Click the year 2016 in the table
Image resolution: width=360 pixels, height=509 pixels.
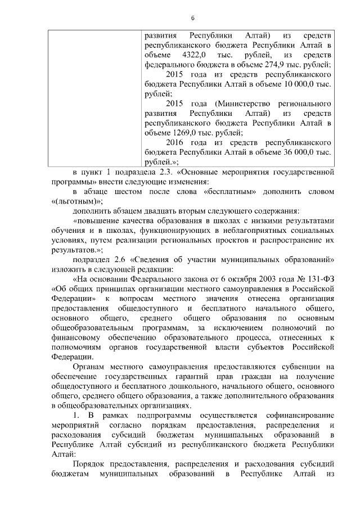[176, 143]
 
